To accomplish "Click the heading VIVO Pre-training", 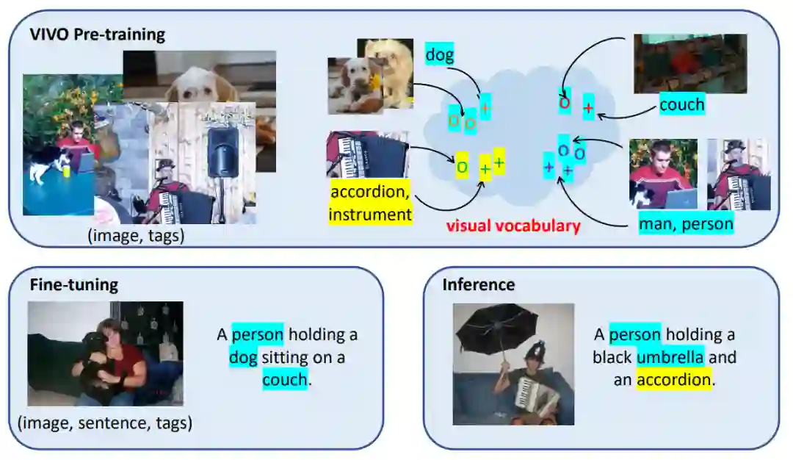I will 98,35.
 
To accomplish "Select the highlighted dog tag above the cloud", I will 440,54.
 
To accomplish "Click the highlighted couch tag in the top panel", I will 681,104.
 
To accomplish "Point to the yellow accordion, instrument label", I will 370,204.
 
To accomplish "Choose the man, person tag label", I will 686,223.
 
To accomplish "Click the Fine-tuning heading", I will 73,285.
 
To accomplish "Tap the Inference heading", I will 478,285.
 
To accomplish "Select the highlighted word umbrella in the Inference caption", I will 670,358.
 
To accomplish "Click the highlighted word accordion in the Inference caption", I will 674,380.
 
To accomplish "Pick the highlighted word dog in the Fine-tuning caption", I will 243,358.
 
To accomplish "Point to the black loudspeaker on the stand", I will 221,152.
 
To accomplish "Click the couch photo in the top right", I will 689,63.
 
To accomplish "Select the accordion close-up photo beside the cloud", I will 366,155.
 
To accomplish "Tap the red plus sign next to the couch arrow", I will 588,107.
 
